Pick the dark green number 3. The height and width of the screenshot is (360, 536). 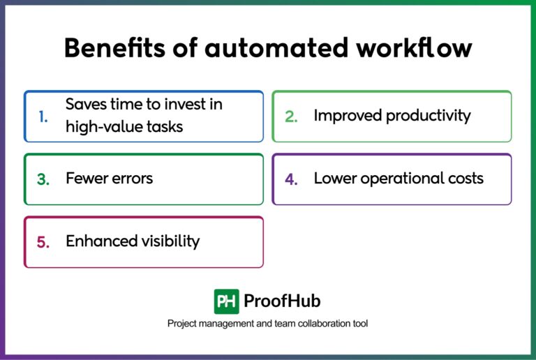tap(43, 179)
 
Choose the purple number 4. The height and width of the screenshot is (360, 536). tap(291, 179)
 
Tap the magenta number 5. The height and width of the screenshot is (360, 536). tap(43, 242)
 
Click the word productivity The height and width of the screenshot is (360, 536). tap(425, 115)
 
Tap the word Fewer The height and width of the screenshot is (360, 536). tap(87, 178)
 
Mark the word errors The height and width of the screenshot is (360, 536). tap(133, 178)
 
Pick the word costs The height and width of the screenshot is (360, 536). tap(463, 178)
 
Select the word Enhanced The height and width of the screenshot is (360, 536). tap(98, 241)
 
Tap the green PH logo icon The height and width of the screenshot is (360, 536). tap(227, 301)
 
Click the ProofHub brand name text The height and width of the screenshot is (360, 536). tap(282, 301)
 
